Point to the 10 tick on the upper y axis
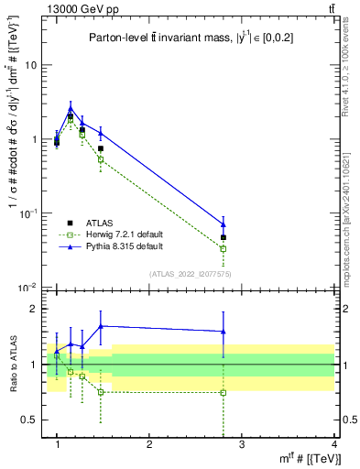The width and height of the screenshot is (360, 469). tap(31, 65)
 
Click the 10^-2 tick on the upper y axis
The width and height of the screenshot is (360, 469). tap(27, 288)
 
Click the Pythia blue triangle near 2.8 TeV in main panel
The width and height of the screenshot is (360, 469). tap(224, 224)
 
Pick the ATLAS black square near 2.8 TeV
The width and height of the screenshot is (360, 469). tap(224, 237)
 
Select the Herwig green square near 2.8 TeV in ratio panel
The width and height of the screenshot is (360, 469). tap(224, 392)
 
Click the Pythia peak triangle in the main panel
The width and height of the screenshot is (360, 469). tap(71, 108)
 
